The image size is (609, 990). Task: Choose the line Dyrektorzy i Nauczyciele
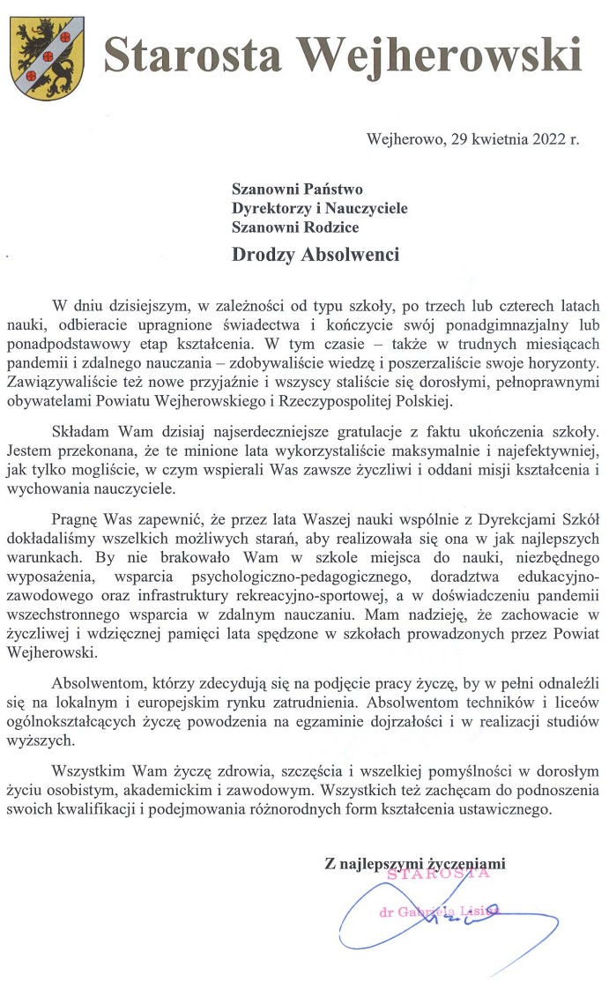tap(319, 207)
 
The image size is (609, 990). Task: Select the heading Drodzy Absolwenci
tap(315, 255)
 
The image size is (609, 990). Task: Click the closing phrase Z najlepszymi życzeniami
tap(416, 865)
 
